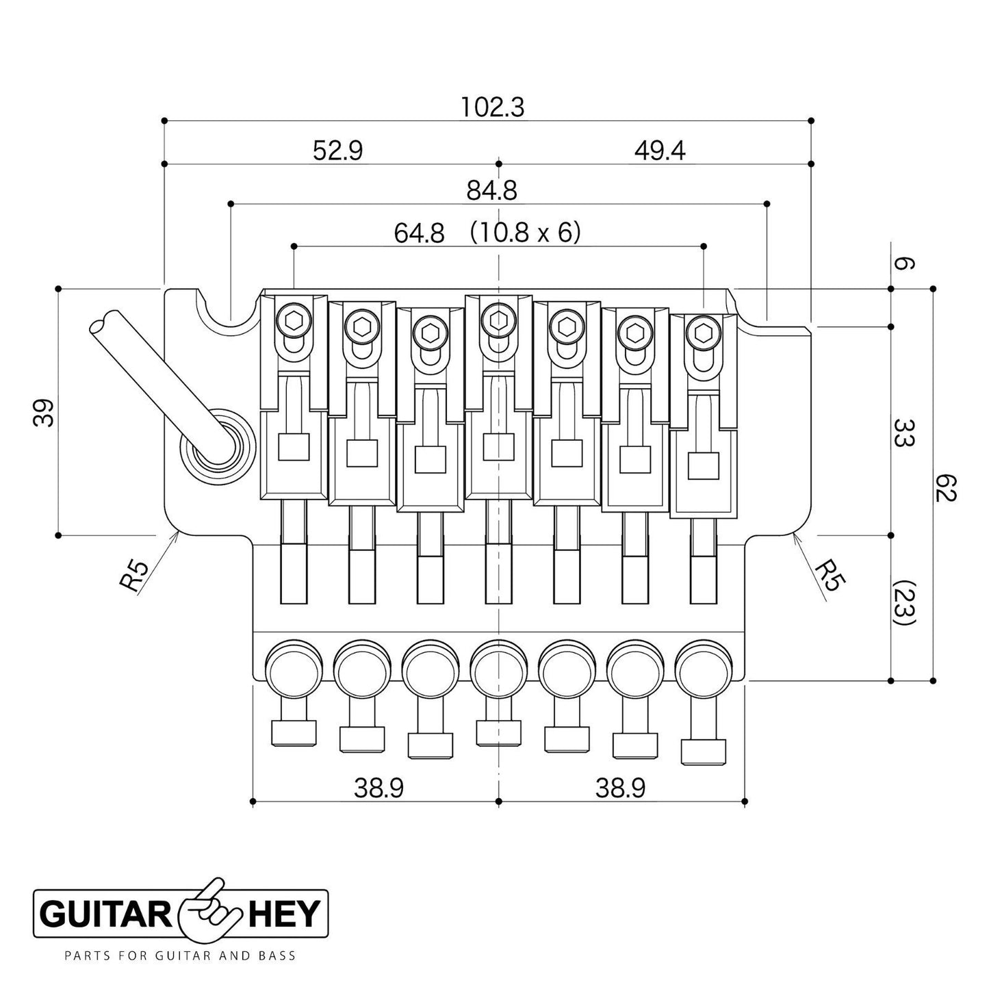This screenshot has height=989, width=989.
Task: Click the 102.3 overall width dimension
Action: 492,107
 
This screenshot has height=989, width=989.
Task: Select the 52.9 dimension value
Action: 337,151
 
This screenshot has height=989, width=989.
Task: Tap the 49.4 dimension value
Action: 659,151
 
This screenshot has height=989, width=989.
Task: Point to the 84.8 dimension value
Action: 491,191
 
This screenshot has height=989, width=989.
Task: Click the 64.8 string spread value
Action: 419,233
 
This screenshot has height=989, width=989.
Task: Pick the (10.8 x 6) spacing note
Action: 525,233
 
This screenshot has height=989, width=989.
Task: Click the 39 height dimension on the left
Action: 44,413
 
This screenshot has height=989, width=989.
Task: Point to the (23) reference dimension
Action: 903,604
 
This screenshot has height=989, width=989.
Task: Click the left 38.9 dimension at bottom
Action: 378,789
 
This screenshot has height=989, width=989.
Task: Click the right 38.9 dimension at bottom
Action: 620,789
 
